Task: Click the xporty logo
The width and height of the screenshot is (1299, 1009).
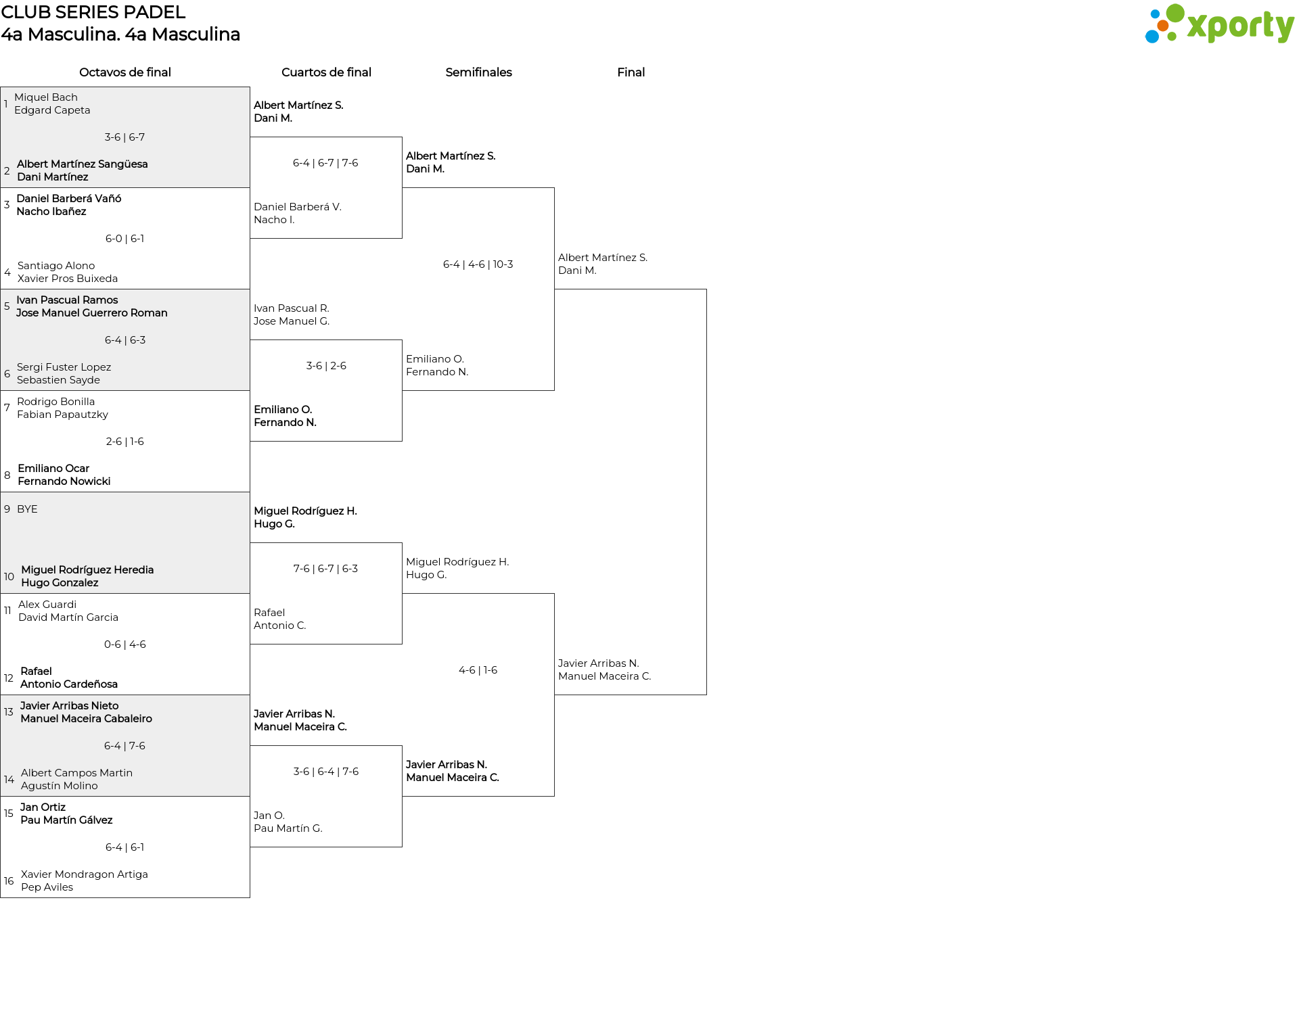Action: (1219, 24)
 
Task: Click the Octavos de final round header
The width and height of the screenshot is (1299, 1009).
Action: (125, 72)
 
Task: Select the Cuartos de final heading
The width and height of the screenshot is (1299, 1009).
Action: (326, 72)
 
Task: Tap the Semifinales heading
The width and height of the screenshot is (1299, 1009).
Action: (478, 72)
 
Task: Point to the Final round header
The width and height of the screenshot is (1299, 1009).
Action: (631, 72)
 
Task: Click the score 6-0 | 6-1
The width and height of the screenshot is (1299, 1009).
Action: (124, 239)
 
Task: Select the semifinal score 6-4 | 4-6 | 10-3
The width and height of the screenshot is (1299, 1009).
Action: (478, 264)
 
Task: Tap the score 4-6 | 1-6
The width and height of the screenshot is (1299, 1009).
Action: (478, 670)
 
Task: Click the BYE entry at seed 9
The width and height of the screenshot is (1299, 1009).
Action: (27, 509)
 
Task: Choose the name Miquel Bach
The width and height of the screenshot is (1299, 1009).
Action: (46, 97)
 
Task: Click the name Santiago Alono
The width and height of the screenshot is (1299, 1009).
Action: (56, 266)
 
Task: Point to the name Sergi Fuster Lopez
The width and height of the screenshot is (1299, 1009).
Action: (64, 367)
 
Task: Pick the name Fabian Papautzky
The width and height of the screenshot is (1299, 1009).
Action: (62, 415)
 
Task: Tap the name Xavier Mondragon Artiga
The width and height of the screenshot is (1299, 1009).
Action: (85, 874)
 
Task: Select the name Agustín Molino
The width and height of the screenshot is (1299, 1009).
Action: (60, 786)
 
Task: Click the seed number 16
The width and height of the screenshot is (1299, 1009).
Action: (9, 881)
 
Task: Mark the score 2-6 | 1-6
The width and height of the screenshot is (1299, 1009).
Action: (124, 442)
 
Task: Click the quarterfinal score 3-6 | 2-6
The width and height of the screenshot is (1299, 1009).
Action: (326, 366)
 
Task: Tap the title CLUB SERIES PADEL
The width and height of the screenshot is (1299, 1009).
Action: (93, 12)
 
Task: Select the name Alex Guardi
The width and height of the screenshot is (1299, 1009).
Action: (47, 605)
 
